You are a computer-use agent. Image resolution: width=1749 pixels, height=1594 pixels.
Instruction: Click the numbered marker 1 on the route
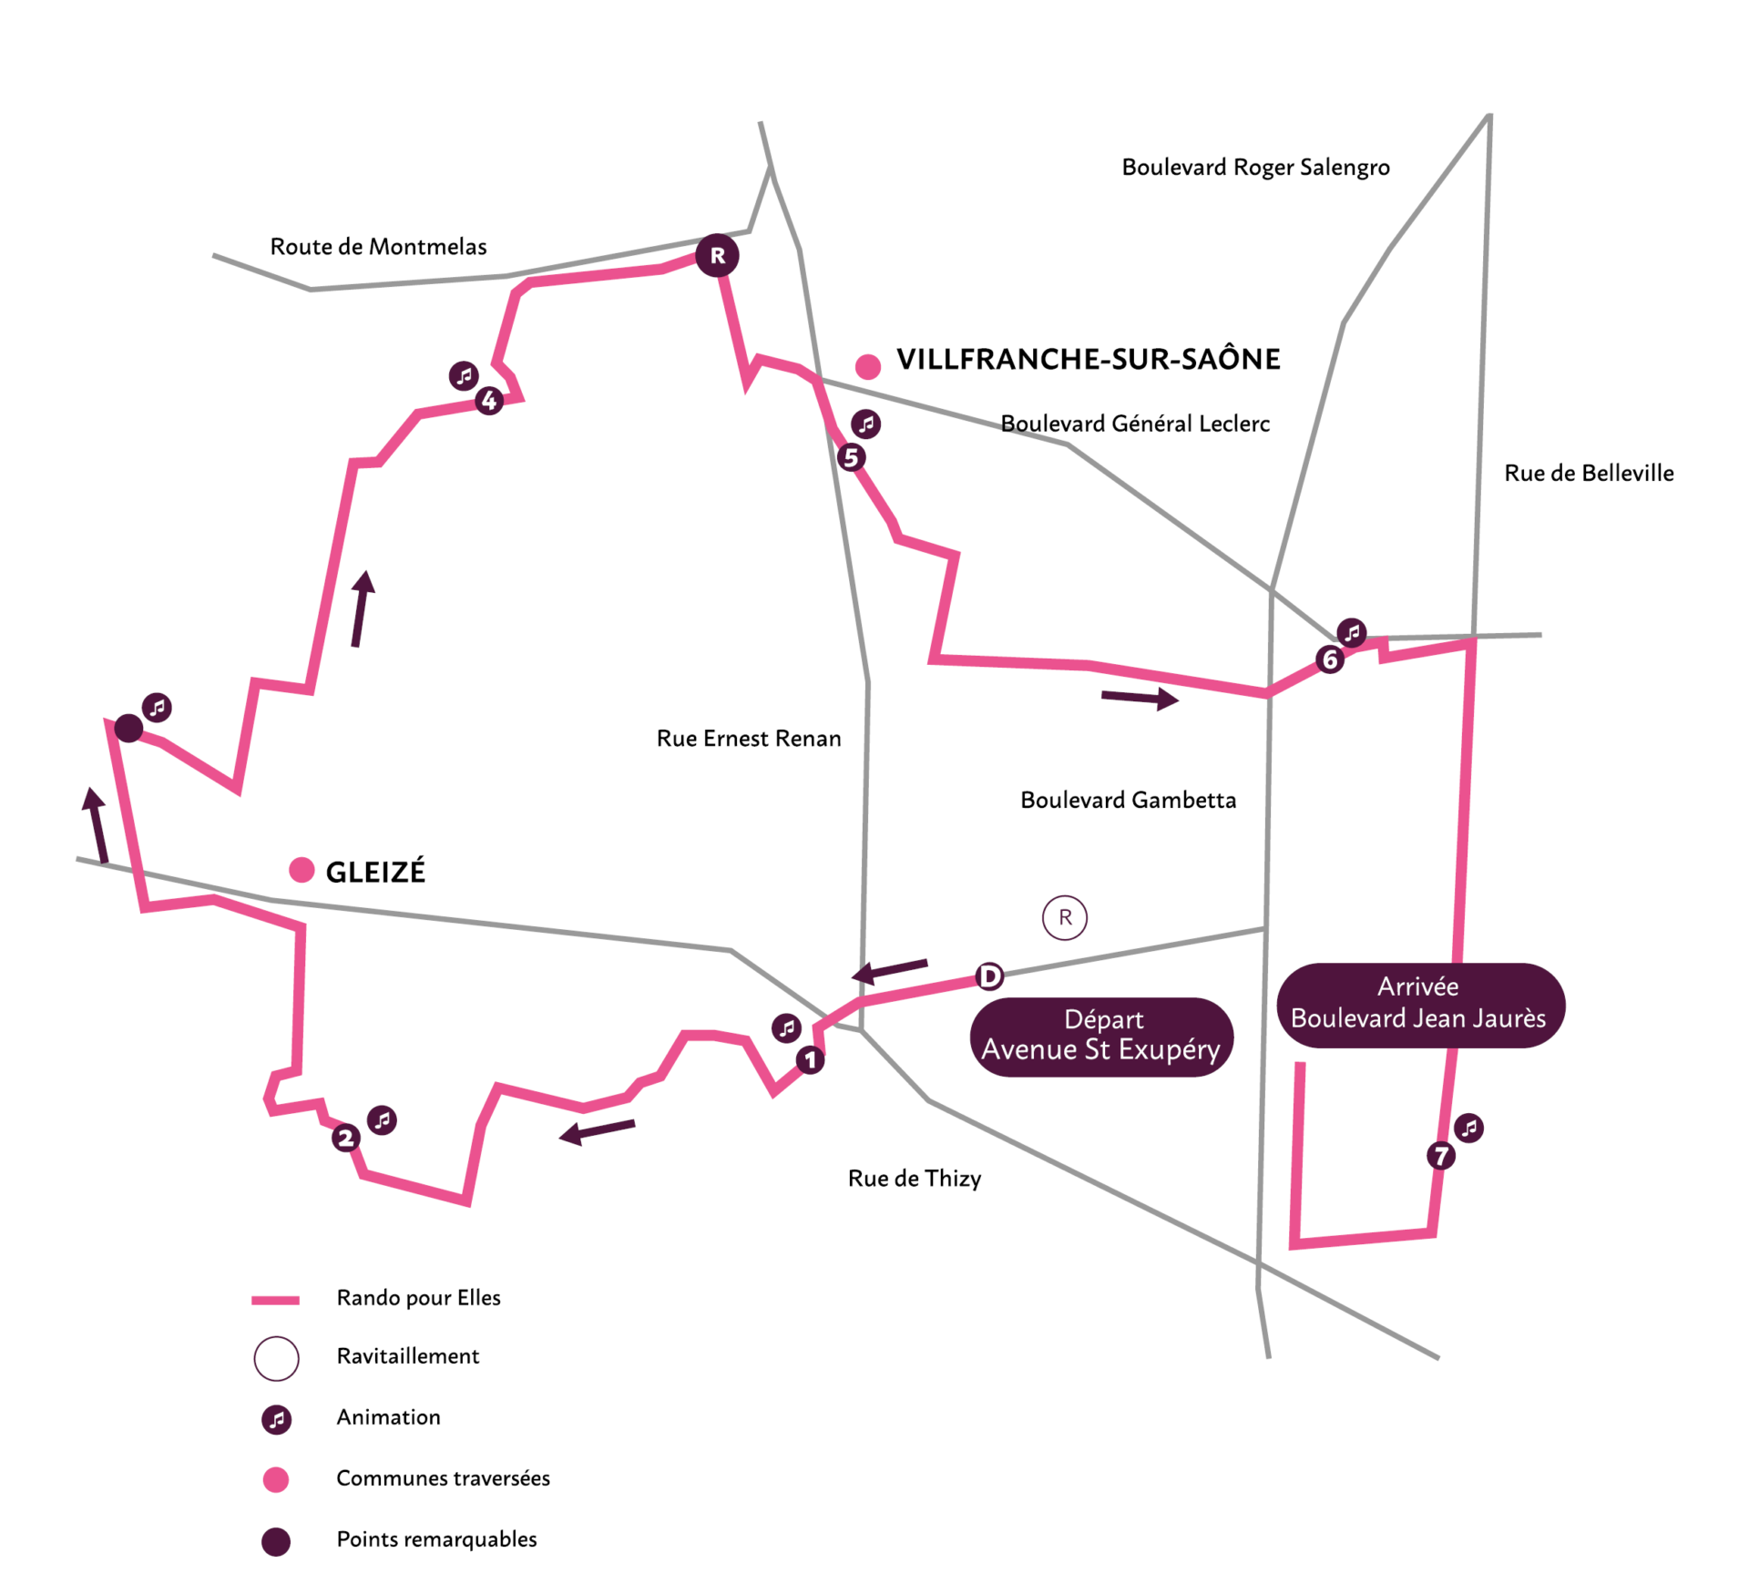click(810, 1059)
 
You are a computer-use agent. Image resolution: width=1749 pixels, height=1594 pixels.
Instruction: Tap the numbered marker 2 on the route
click(345, 1138)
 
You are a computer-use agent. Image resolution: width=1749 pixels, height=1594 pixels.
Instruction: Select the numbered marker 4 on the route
click(489, 400)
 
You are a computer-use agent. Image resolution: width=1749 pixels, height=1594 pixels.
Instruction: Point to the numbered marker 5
click(851, 457)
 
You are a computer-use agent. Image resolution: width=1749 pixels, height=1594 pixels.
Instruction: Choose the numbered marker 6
click(1330, 659)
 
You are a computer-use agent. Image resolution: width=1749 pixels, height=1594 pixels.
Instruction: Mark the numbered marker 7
click(1441, 1156)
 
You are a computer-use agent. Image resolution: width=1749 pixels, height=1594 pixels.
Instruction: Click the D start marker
click(989, 976)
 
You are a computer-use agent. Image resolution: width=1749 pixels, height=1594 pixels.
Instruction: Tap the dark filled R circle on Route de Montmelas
click(717, 256)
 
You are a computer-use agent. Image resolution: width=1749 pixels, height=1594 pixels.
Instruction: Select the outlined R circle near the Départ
click(1064, 917)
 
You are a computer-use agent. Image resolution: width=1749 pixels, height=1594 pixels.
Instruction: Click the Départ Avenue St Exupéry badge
click(1101, 1036)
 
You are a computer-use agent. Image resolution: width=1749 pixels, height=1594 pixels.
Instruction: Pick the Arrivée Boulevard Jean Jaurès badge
click(1420, 1005)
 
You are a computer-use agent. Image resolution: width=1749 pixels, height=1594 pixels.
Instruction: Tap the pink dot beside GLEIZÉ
click(302, 870)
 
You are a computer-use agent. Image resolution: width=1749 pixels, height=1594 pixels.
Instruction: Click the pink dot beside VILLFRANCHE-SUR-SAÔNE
click(868, 366)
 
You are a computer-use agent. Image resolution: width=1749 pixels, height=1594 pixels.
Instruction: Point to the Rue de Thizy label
click(914, 1178)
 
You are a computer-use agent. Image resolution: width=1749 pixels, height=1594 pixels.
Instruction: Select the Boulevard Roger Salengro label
click(1255, 167)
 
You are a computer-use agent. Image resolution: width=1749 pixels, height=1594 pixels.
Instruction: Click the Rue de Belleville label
click(1589, 473)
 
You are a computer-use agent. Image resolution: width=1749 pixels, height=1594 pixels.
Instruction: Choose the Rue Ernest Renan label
click(749, 738)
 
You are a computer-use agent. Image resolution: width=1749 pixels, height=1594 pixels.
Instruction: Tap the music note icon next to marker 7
click(1468, 1128)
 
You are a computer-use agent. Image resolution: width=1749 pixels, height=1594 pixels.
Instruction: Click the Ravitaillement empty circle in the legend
click(276, 1358)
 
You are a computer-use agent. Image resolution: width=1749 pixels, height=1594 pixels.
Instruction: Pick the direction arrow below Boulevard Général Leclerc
click(1140, 699)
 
